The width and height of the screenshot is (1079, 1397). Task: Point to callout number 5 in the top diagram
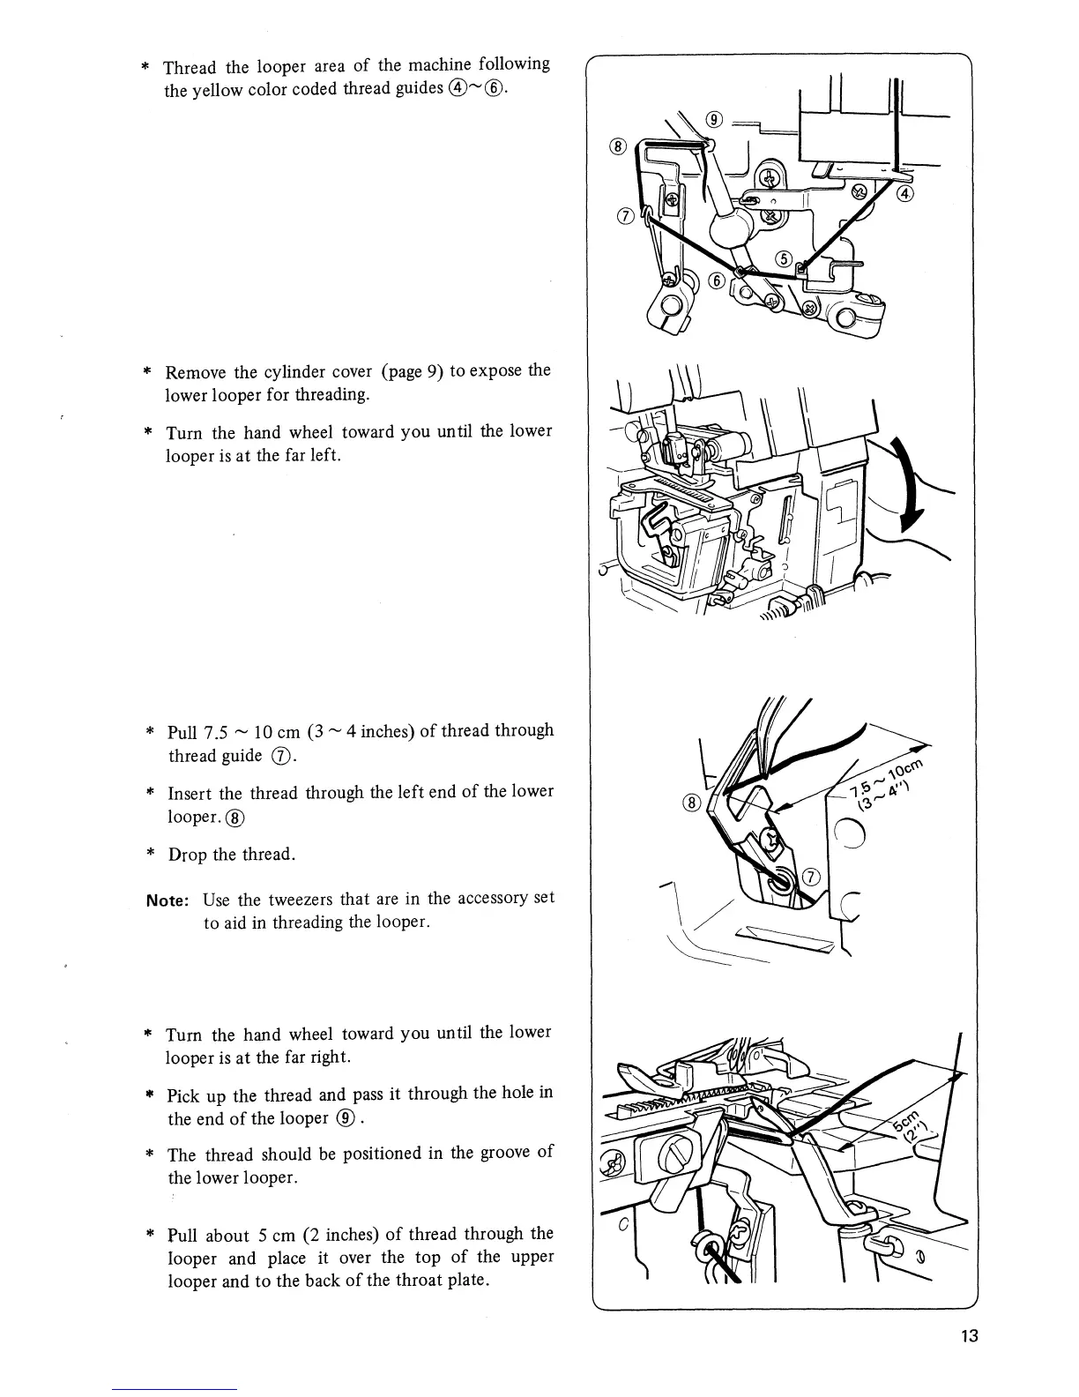(783, 258)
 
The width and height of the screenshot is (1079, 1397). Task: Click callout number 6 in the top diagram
(717, 280)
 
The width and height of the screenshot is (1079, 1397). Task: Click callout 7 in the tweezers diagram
(811, 877)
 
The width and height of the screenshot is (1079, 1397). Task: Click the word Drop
(188, 855)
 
